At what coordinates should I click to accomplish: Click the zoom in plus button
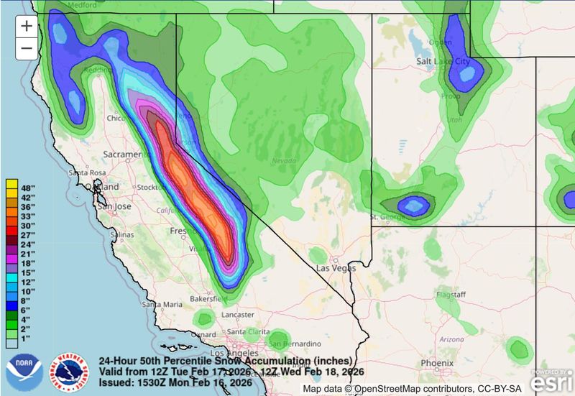[27, 26]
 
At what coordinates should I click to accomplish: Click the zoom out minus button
[27, 48]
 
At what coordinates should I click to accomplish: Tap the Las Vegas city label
[336, 268]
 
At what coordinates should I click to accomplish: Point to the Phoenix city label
[438, 363]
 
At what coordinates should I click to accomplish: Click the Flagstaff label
[451, 295]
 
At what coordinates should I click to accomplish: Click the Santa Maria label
[162, 304]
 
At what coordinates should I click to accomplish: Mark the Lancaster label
[237, 315]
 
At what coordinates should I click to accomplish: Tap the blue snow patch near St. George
[414, 206]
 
